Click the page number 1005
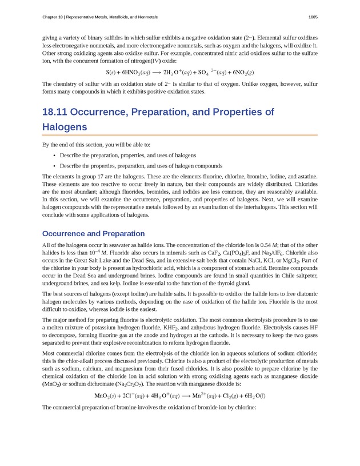(313, 15)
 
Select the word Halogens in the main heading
(65, 126)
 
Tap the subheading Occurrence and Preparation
(93, 233)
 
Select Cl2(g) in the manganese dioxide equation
(232, 395)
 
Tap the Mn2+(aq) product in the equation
(204, 395)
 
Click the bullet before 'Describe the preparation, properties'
(54, 155)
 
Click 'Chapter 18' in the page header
(55, 15)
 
